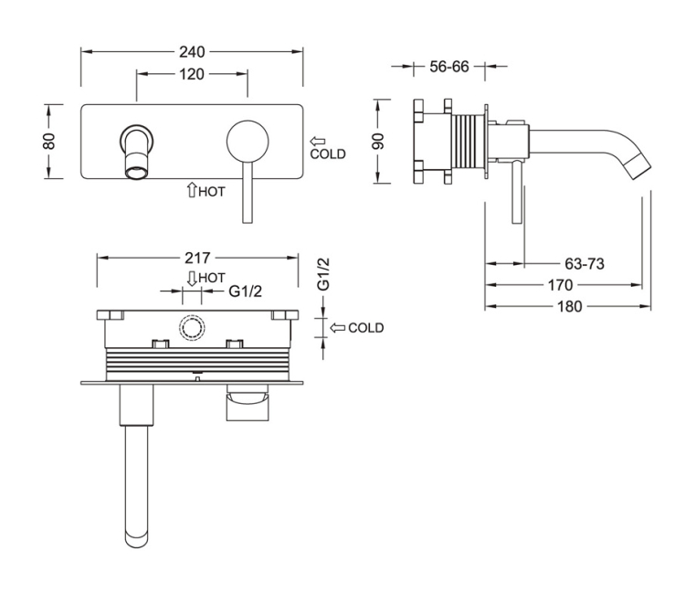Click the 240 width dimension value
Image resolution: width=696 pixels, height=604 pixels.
(192, 51)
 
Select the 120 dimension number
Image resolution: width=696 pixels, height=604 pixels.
(191, 74)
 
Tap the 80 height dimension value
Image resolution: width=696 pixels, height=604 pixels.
(49, 141)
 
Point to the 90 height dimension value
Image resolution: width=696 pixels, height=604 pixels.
(377, 141)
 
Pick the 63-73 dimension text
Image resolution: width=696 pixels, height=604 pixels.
(585, 264)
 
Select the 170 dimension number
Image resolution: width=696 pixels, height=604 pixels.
(560, 285)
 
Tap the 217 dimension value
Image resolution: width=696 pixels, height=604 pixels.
(198, 258)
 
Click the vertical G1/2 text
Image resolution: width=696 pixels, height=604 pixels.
(322, 274)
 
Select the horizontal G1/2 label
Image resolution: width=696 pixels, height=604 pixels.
(245, 292)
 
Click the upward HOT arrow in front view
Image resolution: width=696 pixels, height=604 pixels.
(192, 190)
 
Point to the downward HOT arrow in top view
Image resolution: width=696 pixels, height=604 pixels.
(192, 277)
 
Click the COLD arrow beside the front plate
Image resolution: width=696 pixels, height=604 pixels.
(318, 142)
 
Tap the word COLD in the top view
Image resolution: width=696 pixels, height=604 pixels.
(365, 328)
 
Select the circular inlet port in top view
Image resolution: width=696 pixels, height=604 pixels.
(193, 327)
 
